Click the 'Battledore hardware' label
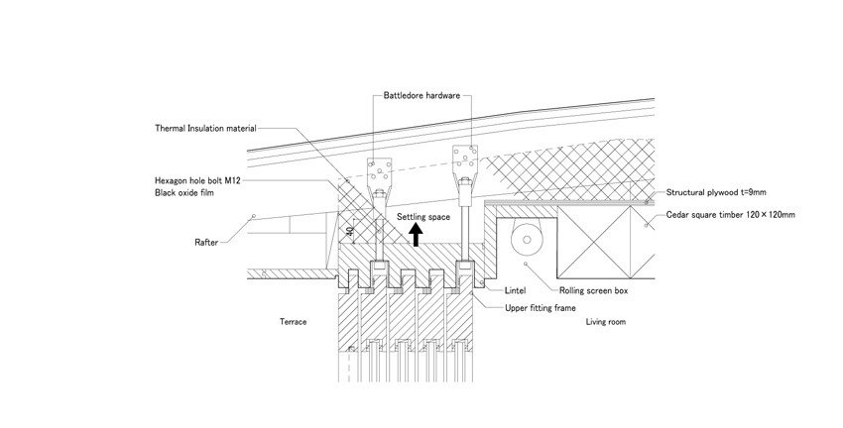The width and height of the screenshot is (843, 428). (x=421, y=96)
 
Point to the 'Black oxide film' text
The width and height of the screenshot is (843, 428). (x=184, y=193)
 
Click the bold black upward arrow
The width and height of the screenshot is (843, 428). (x=417, y=234)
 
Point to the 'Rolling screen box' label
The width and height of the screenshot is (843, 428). (x=593, y=291)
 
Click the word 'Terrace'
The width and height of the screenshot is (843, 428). (x=294, y=322)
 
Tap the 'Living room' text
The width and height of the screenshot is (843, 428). (x=605, y=322)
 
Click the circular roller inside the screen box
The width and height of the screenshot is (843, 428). (x=525, y=239)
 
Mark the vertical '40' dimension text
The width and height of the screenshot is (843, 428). (x=349, y=232)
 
